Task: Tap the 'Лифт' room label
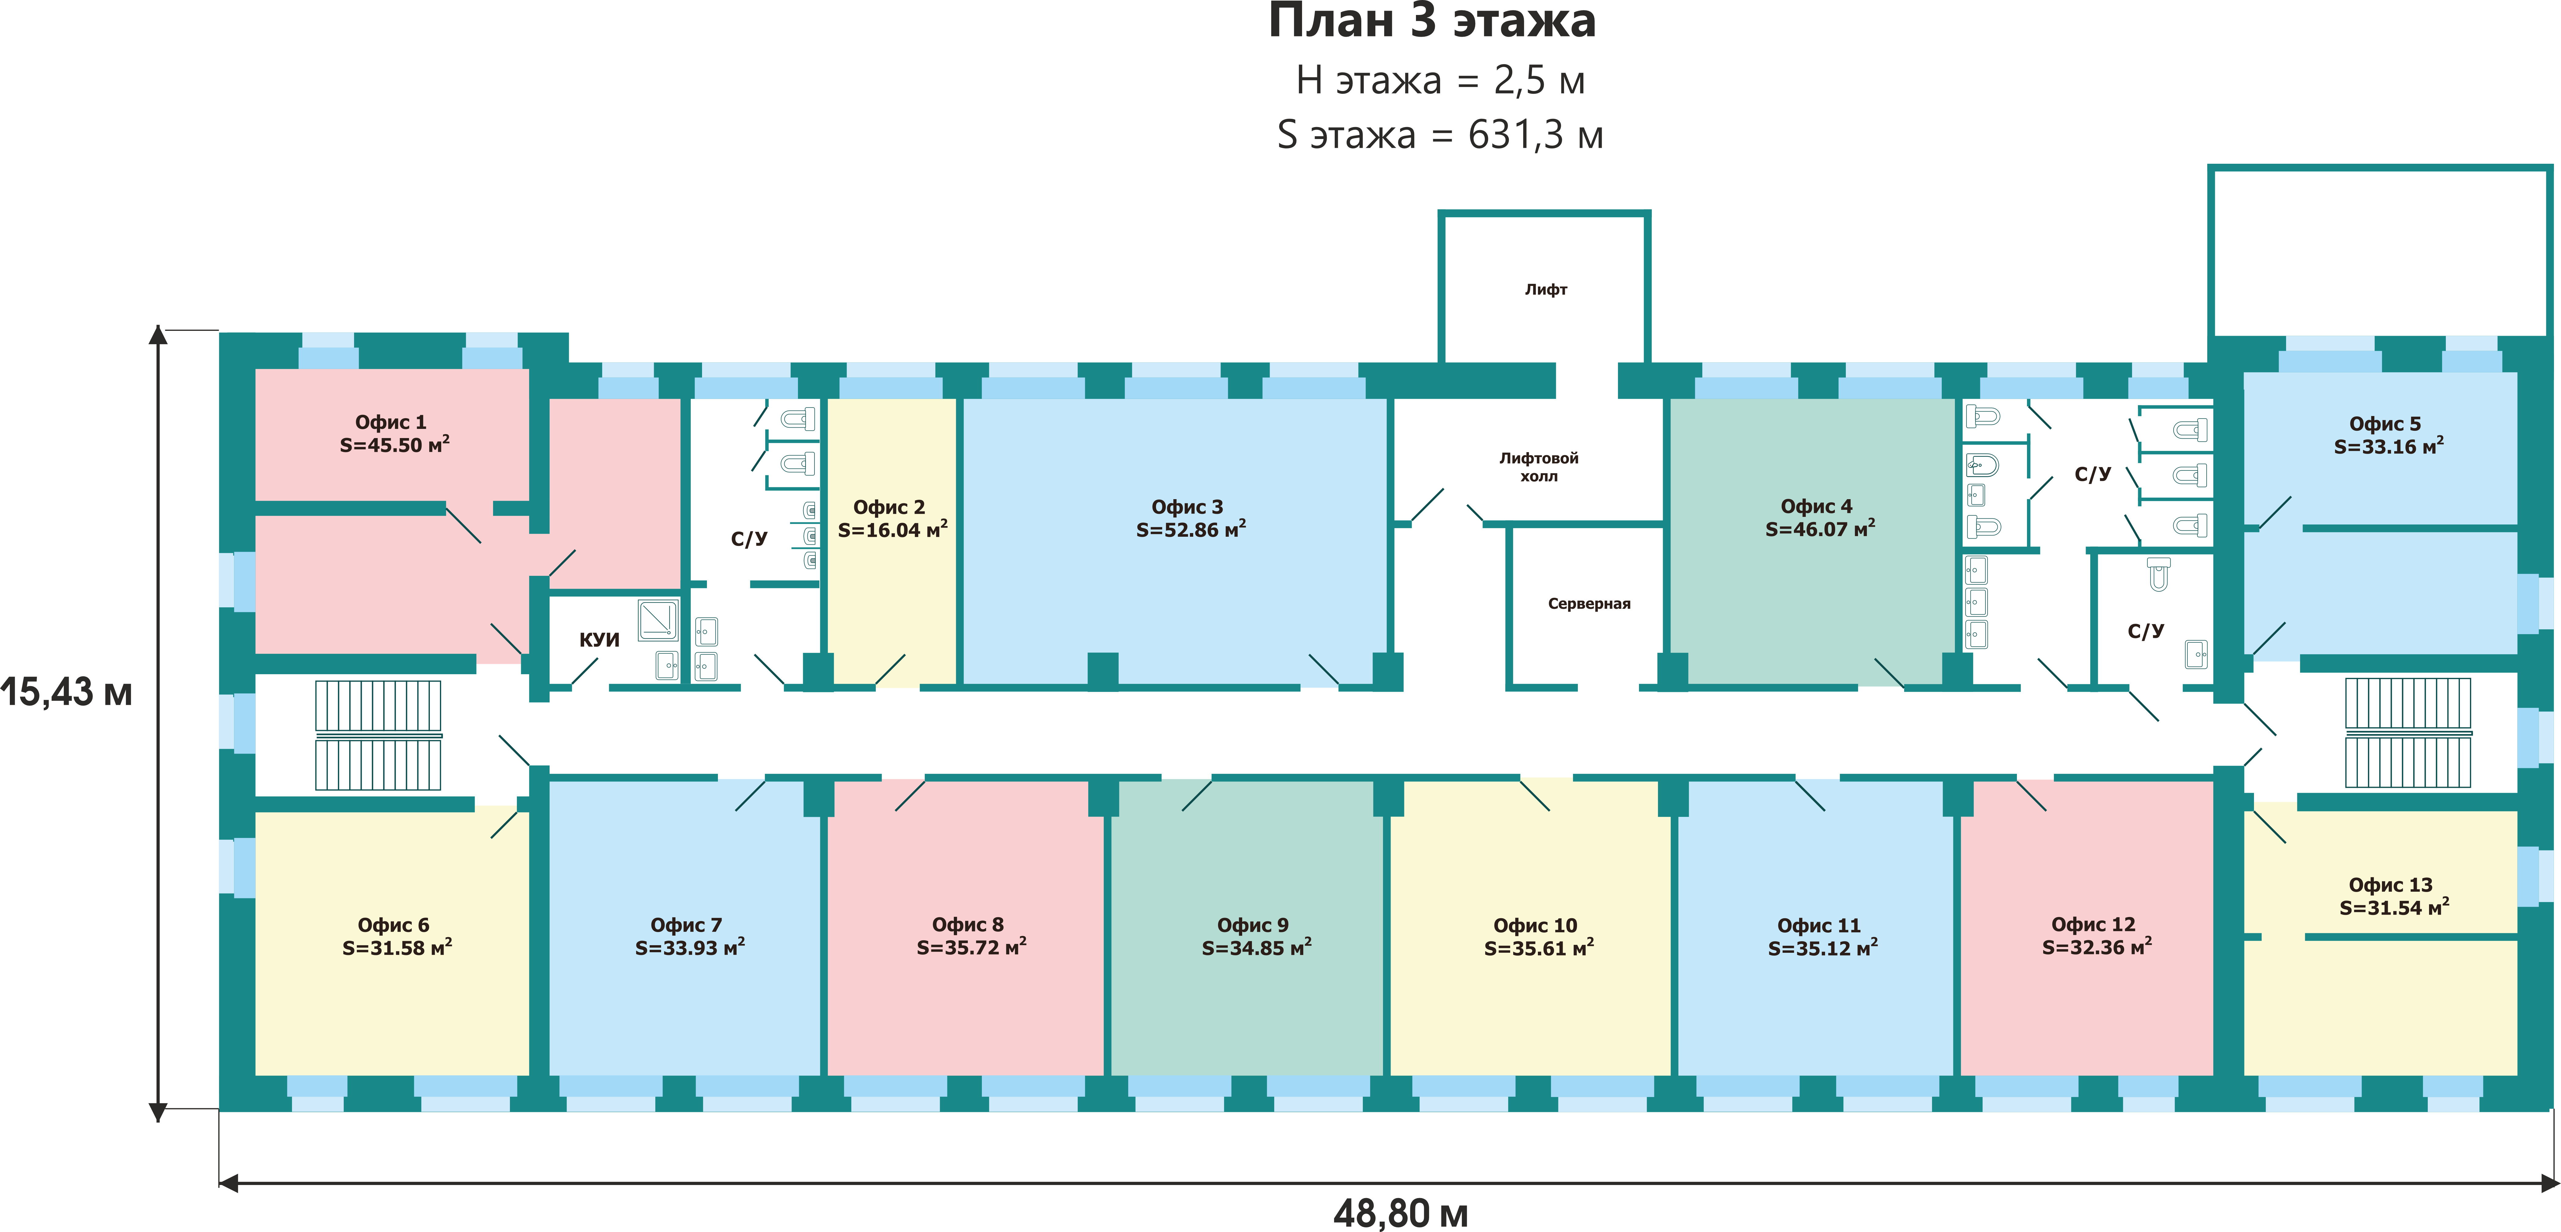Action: pos(1546,289)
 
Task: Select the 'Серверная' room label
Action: pos(1589,604)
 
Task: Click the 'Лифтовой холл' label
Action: pos(1539,466)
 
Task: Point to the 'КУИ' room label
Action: pos(599,639)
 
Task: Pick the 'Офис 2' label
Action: pos(889,507)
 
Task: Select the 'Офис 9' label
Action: pos(1253,925)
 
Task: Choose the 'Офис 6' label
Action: pos(394,925)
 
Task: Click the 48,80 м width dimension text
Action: pos(1401,1213)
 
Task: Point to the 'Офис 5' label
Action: pos(2385,424)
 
